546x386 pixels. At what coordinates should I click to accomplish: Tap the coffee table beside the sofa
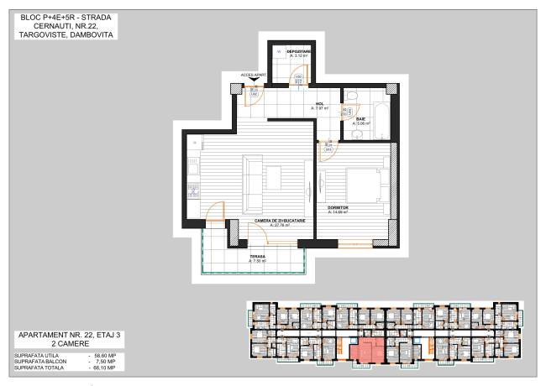[x=274, y=178]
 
